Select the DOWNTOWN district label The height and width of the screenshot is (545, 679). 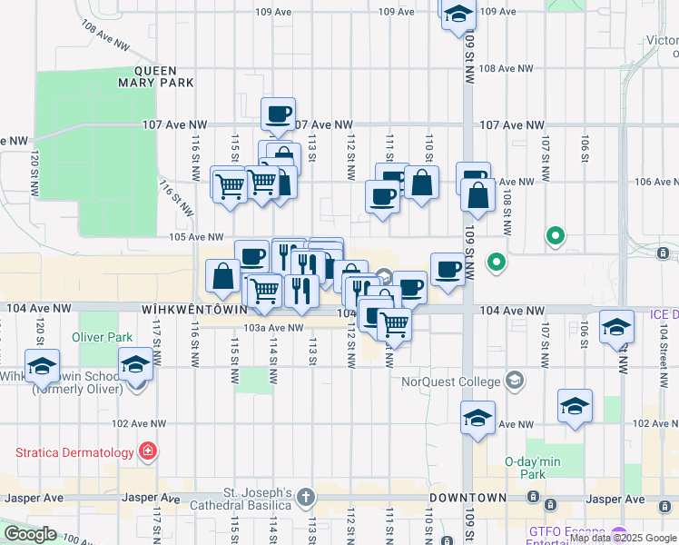[x=467, y=498]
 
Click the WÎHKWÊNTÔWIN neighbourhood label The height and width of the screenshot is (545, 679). [x=195, y=309]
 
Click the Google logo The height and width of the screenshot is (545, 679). [x=30, y=534]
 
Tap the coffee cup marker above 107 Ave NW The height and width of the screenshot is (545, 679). [x=278, y=114]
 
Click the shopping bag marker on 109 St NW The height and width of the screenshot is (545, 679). [x=477, y=193]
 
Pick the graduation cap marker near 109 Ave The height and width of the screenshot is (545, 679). [x=458, y=14]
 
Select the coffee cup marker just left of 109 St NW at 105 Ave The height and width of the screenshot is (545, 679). [x=448, y=269]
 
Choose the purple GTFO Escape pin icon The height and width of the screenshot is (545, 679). [x=619, y=533]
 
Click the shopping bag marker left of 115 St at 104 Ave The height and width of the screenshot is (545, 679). [x=223, y=278]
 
